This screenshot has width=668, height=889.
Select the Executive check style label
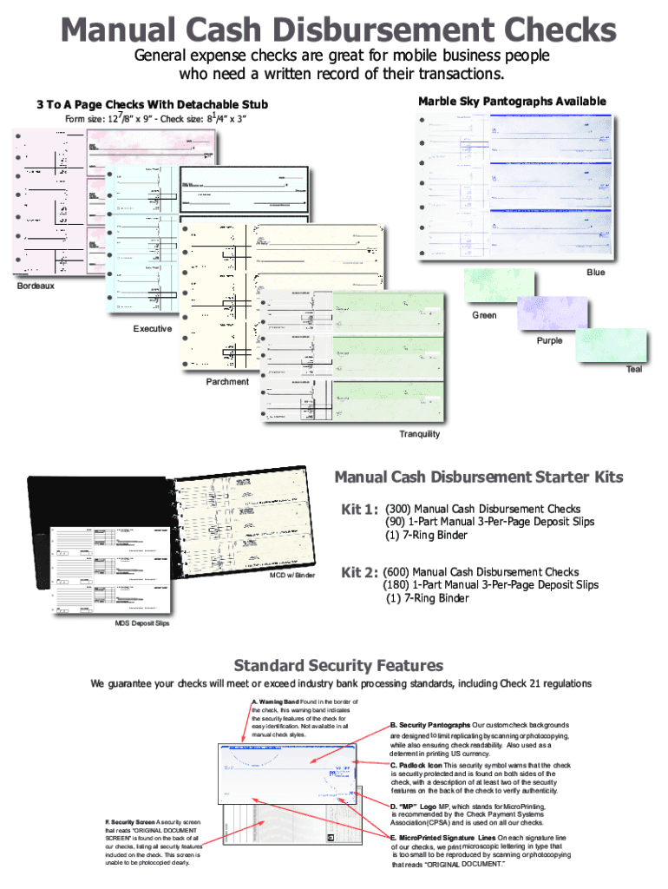click(153, 329)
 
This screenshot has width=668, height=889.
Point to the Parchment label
click(227, 382)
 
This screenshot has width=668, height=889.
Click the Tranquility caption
click(419, 434)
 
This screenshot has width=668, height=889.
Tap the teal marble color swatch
click(612, 346)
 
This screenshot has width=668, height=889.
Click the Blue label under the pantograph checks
click(595, 273)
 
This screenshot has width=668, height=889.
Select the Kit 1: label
click(360, 510)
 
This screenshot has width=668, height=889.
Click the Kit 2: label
click(359, 573)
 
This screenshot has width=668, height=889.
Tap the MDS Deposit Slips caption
click(142, 624)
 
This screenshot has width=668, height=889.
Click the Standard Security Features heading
click(338, 666)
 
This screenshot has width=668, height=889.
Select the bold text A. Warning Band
click(275, 701)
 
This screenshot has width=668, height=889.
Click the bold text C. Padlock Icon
click(417, 766)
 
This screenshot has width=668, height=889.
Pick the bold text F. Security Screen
click(131, 821)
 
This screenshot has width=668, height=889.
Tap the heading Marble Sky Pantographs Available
click(512, 102)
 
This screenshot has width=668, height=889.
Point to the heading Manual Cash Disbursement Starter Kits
click(479, 477)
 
